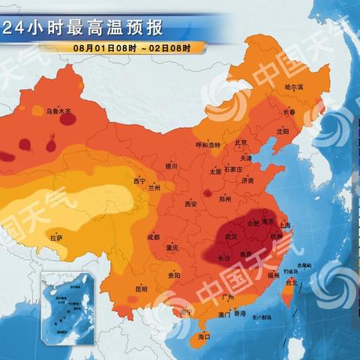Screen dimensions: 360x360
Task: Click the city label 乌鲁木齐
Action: pos(58,111)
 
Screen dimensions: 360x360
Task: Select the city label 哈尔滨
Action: pos(295,88)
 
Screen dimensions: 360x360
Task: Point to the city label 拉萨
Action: pos(56,238)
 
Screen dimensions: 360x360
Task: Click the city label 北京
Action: pos(241,143)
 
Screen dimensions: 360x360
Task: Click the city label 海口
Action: pos(203,337)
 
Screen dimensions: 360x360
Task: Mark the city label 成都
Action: pos(153,236)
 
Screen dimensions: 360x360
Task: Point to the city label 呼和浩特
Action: pos(208,145)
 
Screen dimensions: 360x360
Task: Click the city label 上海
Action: pos(284,224)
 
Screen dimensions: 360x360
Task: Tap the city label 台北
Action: pos(293,282)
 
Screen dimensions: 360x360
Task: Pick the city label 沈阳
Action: pos(282,130)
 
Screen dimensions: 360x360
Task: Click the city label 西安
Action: pos(190,204)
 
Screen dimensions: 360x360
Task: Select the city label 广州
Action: pos(229,298)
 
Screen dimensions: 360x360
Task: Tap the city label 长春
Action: pos(289,112)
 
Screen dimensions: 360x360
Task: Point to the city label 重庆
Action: pos(172,247)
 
